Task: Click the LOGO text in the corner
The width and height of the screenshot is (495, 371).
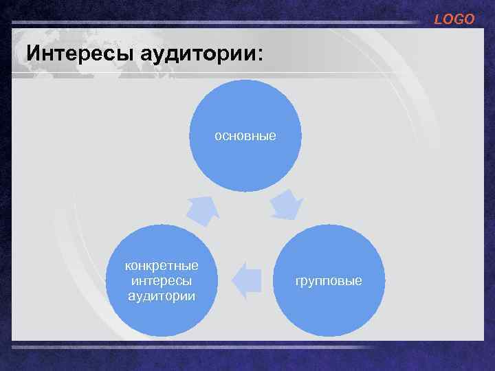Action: (x=454, y=19)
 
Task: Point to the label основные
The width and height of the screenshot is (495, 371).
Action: (x=245, y=136)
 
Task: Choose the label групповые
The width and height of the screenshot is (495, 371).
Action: (x=329, y=281)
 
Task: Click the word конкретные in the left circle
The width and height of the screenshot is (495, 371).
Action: (x=162, y=265)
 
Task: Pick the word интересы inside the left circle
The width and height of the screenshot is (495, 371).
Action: (x=162, y=280)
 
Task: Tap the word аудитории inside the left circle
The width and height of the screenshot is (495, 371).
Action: (x=162, y=295)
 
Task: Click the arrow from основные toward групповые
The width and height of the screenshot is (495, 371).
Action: (x=285, y=204)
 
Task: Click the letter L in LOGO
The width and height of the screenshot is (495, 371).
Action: (x=438, y=19)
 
